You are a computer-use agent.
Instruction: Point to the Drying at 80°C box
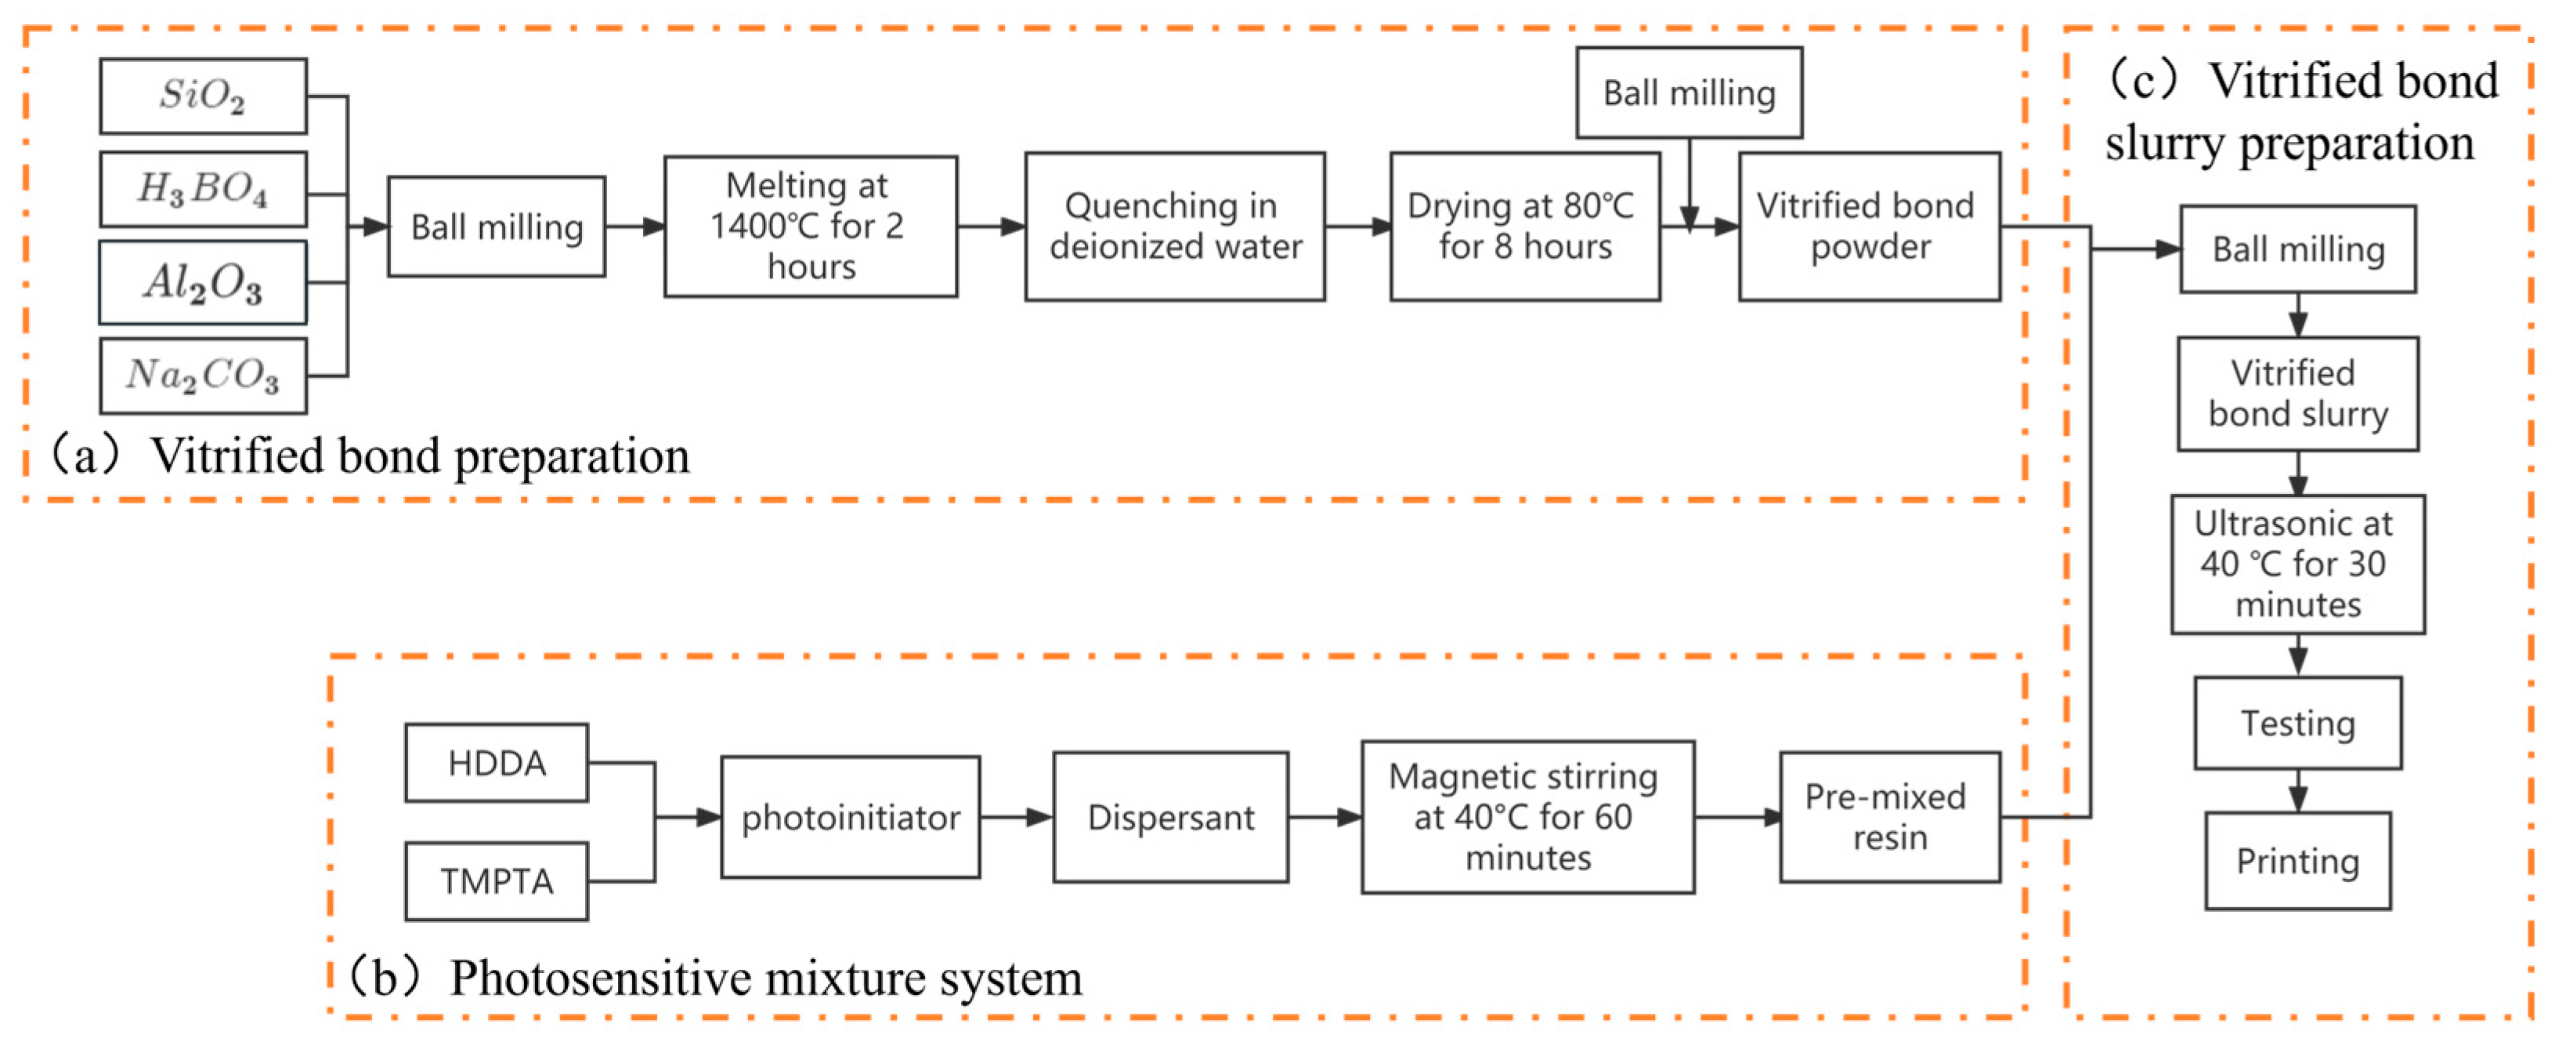1524,227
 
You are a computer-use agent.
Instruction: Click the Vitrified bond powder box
1869,227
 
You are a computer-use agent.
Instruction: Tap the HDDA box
496,762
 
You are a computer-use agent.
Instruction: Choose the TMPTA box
496,880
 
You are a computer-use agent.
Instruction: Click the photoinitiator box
850,817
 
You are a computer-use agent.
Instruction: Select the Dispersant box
1170,817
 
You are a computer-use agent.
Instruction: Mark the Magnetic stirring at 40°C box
1527,817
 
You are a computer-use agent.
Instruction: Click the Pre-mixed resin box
1888,817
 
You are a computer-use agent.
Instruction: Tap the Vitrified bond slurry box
2297,393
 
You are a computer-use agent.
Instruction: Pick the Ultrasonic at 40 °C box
2297,564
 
